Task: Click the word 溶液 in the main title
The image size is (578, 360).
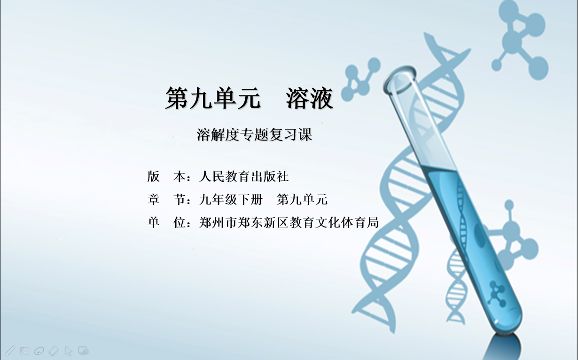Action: (310, 98)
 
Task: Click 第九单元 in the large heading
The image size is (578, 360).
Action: (213, 98)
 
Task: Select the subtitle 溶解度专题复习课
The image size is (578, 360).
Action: (254, 134)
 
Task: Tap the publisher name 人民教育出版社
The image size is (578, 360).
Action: (244, 177)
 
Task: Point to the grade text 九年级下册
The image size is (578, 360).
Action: (231, 199)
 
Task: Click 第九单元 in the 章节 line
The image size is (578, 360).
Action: (302, 199)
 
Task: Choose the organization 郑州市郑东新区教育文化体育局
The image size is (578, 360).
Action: (289, 222)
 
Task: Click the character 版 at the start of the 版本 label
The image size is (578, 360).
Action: (154, 177)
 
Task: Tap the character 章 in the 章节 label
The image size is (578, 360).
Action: (154, 199)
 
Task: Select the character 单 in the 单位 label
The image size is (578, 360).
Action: (154, 222)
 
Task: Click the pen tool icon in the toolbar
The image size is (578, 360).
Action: (10, 351)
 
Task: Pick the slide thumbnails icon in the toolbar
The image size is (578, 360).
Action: (24, 351)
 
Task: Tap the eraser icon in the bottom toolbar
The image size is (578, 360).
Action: (54, 351)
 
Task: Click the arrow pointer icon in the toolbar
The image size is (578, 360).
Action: (69, 351)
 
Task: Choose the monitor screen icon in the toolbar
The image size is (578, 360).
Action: (83, 351)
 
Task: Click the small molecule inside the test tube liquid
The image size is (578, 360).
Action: (496, 294)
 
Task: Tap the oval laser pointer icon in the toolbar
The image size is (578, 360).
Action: (39, 351)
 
